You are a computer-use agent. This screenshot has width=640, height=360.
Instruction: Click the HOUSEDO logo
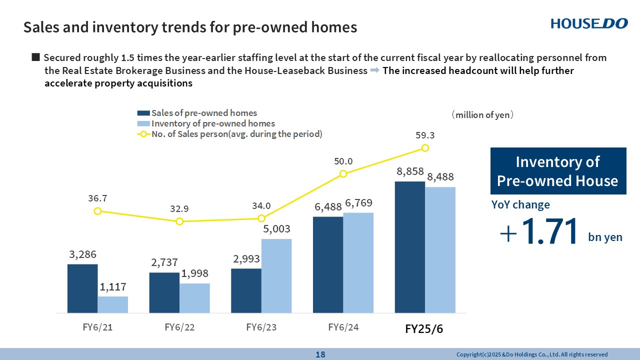pos(589,23)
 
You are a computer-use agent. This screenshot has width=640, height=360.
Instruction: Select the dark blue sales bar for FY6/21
pos(82,288)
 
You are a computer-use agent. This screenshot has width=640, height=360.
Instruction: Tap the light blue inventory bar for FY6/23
pos(276,275)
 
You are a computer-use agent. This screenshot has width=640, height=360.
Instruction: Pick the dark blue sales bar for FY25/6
pos(410,247)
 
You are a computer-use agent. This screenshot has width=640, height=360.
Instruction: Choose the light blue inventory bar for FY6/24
pos(358,262)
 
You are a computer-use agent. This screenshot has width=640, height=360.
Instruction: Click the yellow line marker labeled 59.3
pos(425,147)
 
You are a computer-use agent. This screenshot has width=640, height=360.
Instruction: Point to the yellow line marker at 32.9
pos(179,221)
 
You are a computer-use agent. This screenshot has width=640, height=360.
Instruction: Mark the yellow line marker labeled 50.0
pos(343,173)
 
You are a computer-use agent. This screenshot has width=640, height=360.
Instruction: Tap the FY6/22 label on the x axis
pos(179,327)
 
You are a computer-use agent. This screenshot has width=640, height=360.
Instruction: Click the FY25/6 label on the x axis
pos(424,329)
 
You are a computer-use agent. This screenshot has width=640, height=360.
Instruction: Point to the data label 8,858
pos(410,171)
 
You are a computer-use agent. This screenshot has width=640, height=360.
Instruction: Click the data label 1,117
pos(113,287)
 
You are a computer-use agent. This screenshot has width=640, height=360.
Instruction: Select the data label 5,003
pos(276,229)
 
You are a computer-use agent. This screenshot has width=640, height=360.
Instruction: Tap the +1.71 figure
pos(542,232)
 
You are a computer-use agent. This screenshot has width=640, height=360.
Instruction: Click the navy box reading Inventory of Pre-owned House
pos(558,171)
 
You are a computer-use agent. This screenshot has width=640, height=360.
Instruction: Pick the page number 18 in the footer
pos(320,354)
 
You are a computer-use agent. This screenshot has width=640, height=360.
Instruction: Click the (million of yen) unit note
pos(482,115)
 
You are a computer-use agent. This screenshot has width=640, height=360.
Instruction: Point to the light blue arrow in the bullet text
pos(375,71)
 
